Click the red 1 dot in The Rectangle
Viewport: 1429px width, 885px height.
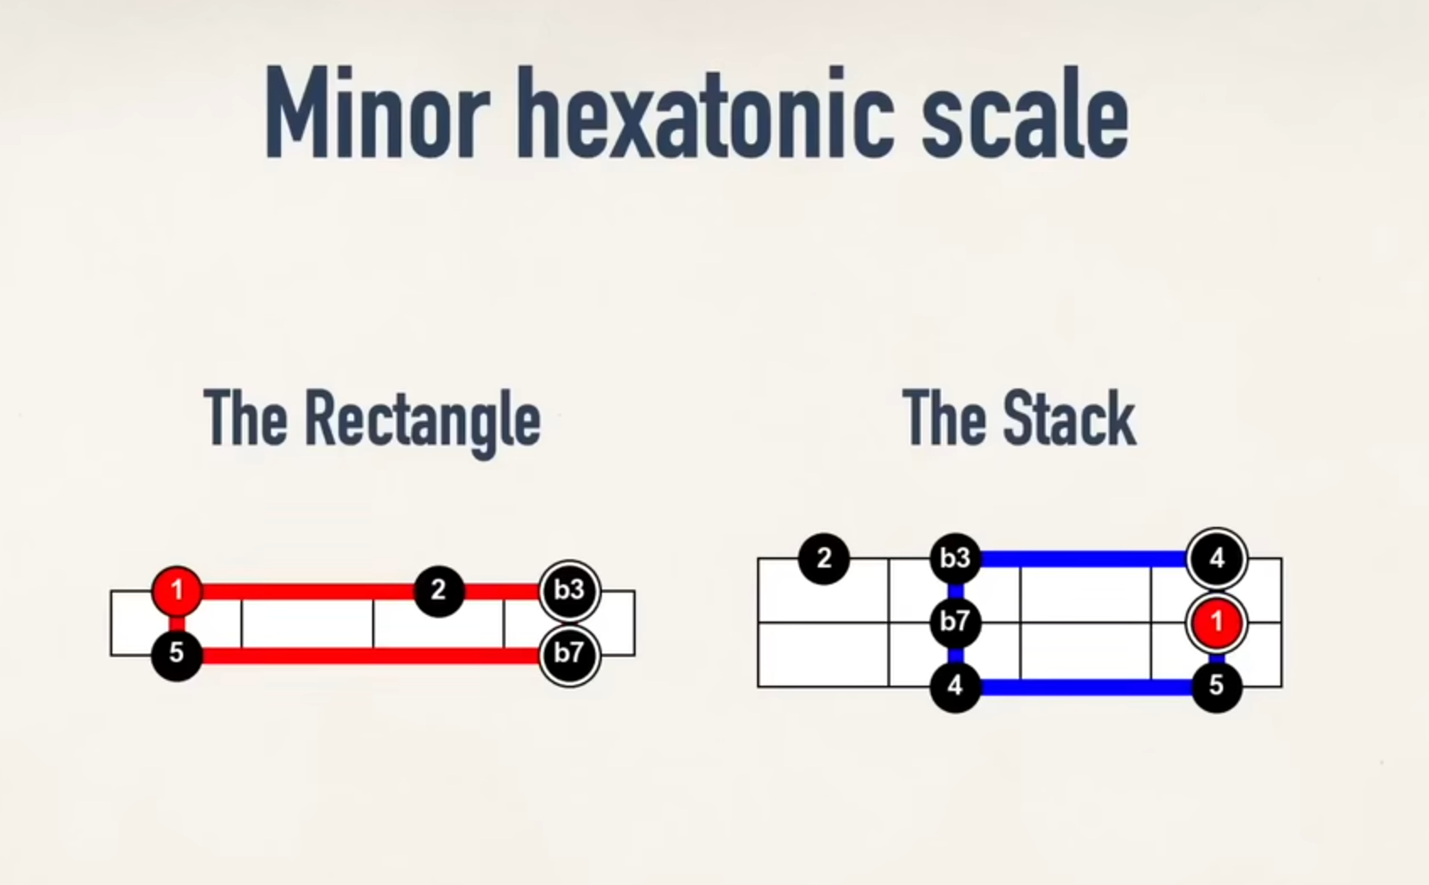click(x=176, y=590)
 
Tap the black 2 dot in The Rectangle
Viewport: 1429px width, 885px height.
click(x=438, y=590)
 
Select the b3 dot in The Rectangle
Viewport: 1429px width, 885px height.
click(x=569, y=589)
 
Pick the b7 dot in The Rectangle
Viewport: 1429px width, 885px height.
click(x=569, y=654)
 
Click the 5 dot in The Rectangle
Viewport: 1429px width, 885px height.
click(x=176, y=654)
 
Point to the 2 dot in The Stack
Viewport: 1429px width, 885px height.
click(x=824, y=558)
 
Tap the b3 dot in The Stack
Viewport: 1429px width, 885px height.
click(x=955, y=558)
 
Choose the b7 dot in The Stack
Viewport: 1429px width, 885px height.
click(x=955, y=622)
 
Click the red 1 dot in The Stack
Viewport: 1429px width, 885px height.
click(x=1216, y=622)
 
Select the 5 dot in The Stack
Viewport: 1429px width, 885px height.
click(x=1216, y=686)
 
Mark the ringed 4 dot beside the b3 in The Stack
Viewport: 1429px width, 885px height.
click(x=1216, y=558)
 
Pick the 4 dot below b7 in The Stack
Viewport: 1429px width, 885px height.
click(x=955, y=686)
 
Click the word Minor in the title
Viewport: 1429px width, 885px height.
click(x=376, y=113)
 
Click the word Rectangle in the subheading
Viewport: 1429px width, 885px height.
click(x=422, y=420)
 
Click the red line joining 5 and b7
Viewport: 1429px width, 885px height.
click(x=371, y=655)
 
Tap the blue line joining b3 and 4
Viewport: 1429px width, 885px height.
click(x=1085, y=558)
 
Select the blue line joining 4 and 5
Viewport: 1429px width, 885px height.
click(x=1085, y=687)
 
